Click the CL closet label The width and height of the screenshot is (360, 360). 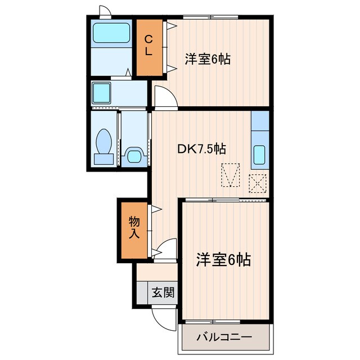tap(149, 45)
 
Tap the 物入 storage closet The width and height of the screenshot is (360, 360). tap(133, 227)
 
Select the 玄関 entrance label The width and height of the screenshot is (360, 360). tap(163, 292)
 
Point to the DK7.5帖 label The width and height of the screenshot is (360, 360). tap(202, 149)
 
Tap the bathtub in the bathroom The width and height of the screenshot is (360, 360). tap(111, 33)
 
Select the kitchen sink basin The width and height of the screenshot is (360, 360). tap(259, 155)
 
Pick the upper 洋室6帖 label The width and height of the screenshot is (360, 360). tap(208, 59)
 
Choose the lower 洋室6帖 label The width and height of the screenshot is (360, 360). tap(223, 259)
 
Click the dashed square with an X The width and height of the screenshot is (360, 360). tap(258, 183)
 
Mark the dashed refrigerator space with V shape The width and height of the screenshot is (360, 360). tap(231, 174)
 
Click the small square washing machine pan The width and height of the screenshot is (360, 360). tap(102, 92)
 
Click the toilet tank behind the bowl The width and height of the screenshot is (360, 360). tap(103, 159)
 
